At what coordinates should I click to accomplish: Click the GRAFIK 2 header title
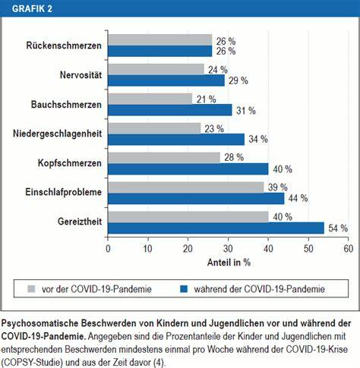32,8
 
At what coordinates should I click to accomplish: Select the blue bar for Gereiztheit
216,228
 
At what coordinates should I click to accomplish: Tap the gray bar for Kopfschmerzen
164,158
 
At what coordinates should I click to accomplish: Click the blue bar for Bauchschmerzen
170,110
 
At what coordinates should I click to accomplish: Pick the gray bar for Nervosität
156,69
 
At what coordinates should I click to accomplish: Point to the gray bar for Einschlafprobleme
186,187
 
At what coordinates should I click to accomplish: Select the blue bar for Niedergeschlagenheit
176,140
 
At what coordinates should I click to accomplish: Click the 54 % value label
338,228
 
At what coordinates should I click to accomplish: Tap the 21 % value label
207,99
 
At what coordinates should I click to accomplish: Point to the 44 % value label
298,198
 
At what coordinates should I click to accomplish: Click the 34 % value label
258,139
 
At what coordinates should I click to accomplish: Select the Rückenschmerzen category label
64,46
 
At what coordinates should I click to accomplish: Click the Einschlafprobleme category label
64,192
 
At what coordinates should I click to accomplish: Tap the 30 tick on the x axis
228,249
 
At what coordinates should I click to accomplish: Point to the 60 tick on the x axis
349,249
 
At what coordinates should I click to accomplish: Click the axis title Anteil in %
229,263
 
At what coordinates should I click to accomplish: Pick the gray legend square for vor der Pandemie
31,288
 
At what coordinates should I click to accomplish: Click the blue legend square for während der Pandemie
184,288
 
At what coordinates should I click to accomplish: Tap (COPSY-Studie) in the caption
32,363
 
